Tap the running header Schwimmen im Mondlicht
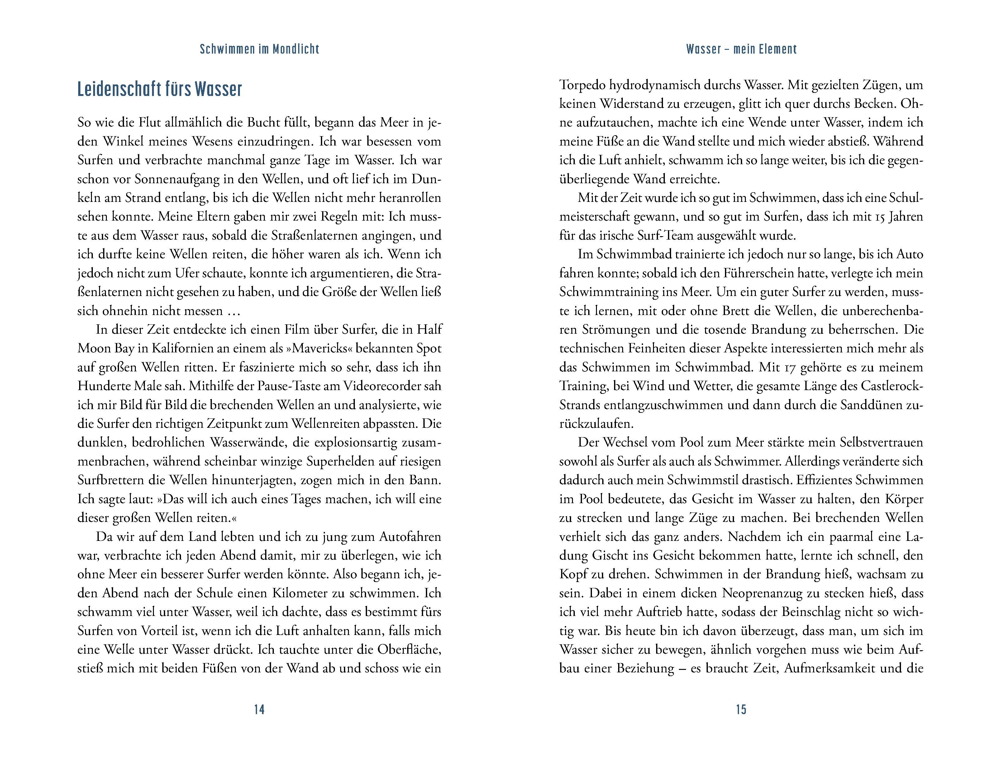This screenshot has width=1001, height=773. click(x=260, y=49)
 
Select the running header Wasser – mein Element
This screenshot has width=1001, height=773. click(x=741, y=49)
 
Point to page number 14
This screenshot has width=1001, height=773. click(x=260, y=709)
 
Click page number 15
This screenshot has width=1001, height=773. click(x=741, y=709)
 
